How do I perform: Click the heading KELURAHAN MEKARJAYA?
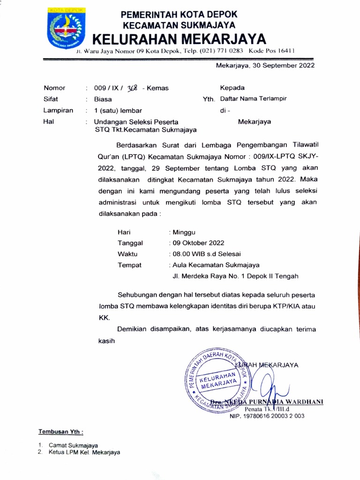(179, 39)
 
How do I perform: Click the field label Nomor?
(54, 88)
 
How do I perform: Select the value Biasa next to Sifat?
(103, 99)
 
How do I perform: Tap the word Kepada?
(232, 88)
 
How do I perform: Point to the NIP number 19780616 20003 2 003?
(267, 415)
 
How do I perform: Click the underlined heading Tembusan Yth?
(60, 431)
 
